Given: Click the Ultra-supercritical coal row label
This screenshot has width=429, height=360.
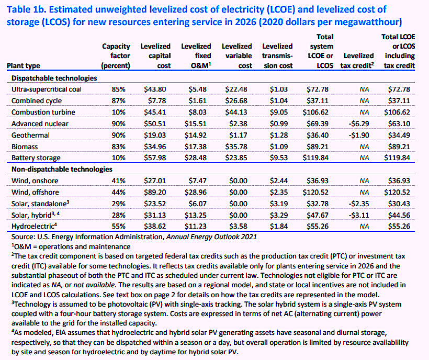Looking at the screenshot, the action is tap(47, 89).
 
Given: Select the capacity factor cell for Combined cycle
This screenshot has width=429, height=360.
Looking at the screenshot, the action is tap(118, 100).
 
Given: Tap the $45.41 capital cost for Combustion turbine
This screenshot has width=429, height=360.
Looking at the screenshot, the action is tap(155, 112).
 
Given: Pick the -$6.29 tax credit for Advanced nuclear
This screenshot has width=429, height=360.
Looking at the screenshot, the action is tap(359, 123).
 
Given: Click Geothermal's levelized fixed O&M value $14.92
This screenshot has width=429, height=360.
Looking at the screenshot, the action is tap(195, 135).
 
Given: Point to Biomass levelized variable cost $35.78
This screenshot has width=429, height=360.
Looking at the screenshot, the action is tap(236, 147).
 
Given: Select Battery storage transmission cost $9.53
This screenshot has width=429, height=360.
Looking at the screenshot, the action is tap(279, 158).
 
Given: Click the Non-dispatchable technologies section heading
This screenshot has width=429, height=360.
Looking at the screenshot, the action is tap(62, 170).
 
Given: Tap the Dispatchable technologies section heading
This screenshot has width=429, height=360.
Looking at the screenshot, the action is tap(54, 78).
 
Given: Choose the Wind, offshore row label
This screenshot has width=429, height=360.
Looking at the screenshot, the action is tap(35, 193).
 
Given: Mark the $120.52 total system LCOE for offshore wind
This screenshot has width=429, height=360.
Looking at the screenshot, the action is tap(315, 193).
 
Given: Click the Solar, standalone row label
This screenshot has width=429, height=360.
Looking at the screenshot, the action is tap(40, 204).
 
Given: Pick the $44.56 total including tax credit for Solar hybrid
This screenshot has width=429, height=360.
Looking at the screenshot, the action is tap(399, 215).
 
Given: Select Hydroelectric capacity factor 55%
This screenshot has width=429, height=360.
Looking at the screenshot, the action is tap(118, 226).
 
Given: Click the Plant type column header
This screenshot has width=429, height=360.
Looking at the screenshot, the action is tap(23, 65).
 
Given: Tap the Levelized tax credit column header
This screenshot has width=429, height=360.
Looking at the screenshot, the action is tap(357, 61).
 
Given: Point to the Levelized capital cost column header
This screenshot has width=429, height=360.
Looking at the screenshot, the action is tap(155, 56).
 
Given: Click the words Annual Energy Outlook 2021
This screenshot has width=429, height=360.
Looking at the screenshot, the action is tap(211, 237).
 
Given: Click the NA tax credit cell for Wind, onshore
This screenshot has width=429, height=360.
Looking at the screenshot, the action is tap(364, 181).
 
